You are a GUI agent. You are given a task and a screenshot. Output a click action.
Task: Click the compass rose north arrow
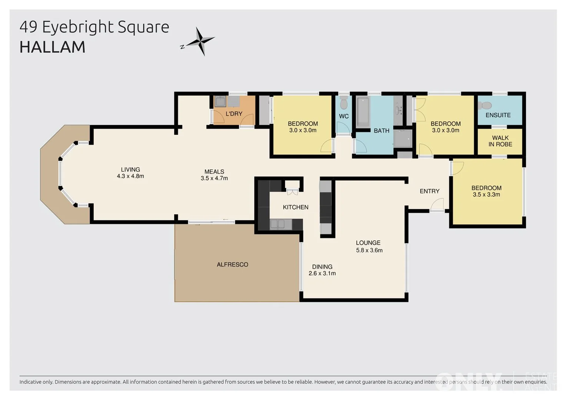(x=200, y=41)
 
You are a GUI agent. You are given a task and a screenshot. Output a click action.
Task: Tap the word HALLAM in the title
(x=52, y=47)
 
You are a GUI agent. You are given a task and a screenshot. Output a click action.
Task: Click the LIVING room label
(x=130, y=170)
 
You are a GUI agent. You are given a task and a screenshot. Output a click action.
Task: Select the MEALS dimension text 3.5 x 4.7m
(x=214, y=178)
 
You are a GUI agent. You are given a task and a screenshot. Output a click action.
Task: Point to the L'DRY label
(x=234, y=114)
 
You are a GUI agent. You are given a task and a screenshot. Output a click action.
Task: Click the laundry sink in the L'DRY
(x=220, y=101)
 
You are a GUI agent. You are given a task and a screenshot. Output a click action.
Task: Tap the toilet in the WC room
(x=344, y=103)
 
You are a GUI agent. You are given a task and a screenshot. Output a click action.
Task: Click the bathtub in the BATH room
(x=363, y=111)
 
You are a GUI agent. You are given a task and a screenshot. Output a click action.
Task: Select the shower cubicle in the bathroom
(x=403, y=139)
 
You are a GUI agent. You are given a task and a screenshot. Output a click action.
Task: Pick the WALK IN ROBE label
(x=500, y=141)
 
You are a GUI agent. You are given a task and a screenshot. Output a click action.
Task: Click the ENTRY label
(x=429, y=191)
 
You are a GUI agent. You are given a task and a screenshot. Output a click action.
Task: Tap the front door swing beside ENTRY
(x=437, y=204)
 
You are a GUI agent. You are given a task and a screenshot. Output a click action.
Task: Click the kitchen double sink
(x=277, y=224)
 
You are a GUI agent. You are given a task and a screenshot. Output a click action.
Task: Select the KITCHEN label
(x=296, y=207)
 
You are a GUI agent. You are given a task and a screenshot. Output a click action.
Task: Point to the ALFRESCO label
(x=232, y=264)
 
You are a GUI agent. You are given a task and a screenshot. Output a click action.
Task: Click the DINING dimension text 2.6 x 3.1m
(x=322, y=273)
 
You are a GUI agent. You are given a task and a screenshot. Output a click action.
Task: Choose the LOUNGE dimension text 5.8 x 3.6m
(x=369, y=250)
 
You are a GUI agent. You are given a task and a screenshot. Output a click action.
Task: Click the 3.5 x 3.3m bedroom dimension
(x=486, y=194)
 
